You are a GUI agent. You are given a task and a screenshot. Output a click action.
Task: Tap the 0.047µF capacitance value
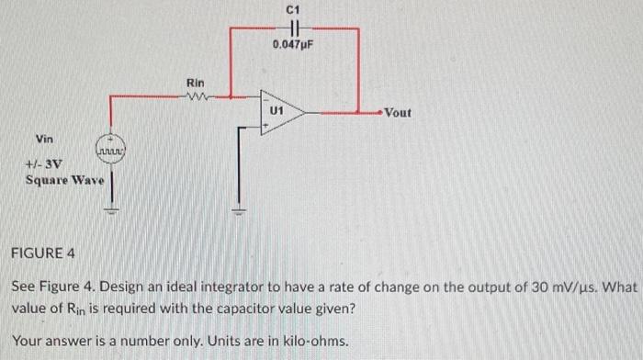coord(293,43)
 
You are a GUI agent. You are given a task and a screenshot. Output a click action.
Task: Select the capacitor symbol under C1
coord(293,28)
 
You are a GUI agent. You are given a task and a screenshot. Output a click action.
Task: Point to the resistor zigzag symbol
coord(197,94)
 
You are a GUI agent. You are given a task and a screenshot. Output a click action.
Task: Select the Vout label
coord(398,113)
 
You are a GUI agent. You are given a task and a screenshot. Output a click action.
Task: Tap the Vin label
coord(44,139)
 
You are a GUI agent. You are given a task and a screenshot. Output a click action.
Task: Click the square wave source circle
coord(110,149)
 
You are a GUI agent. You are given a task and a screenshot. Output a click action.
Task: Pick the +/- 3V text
coord(42,163)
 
